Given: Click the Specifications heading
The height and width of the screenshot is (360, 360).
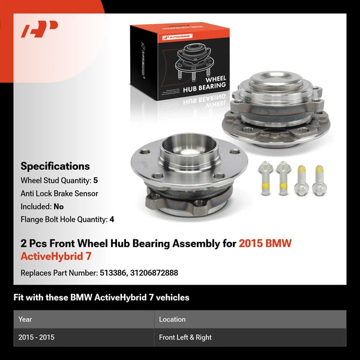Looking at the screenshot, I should pyautogui.click(x=55, y=166).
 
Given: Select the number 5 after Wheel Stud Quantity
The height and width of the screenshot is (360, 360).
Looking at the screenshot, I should pyautogui.click(x=95, y=180).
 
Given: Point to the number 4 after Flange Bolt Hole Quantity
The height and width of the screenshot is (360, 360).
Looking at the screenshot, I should pyautogui.click(x=112, y=220).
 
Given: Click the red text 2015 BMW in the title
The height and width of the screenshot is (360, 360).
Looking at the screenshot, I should pyautogui.click(x=265, y=244).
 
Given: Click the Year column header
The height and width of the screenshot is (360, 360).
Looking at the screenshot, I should pyautogui.click(x=25, y=319).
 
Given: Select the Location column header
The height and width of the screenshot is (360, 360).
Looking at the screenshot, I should pyautogui.click(x=172, y=319).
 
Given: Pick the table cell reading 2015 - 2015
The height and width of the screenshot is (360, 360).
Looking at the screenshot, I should pyautogui.click(x=37, y=337).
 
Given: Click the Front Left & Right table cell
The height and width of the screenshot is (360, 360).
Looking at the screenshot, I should pyautogui.click(x=185, y=337).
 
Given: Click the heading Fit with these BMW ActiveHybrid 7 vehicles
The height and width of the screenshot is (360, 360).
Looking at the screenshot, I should pyautogui.click(x=101, y=298).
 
